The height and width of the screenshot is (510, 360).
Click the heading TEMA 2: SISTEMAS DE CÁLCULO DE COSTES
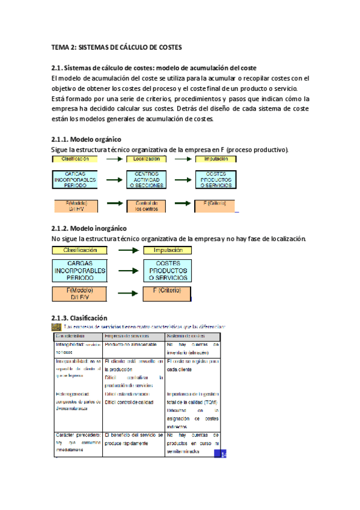click(117, 46)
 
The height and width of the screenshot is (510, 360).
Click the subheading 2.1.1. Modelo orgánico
click(87, 140)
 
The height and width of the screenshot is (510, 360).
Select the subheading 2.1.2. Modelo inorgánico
click(90, 229)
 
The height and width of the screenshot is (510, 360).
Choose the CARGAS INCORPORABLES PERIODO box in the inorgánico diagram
click(79, 270)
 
